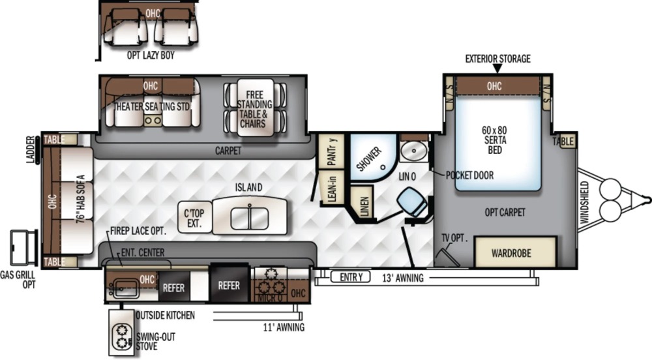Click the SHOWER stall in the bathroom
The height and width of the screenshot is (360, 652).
[372, 157]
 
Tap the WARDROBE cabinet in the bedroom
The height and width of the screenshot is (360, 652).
[516, 252]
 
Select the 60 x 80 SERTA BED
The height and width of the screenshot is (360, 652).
[498, 142]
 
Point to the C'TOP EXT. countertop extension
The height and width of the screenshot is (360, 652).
[194, 217]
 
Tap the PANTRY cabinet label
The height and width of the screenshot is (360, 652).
[332, 151]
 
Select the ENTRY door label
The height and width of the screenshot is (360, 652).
[351, 277]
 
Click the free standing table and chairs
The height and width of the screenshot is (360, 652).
[255, 108]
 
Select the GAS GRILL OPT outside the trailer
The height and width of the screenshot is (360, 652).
[23, 247]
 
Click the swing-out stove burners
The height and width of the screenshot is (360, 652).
[122, 336]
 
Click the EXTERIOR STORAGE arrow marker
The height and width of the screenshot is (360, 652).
[497, 68]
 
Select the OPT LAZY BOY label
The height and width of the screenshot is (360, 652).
[151, 55]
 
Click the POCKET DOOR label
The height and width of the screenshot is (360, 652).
[469, 175]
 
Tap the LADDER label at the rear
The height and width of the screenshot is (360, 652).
[31, 149]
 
